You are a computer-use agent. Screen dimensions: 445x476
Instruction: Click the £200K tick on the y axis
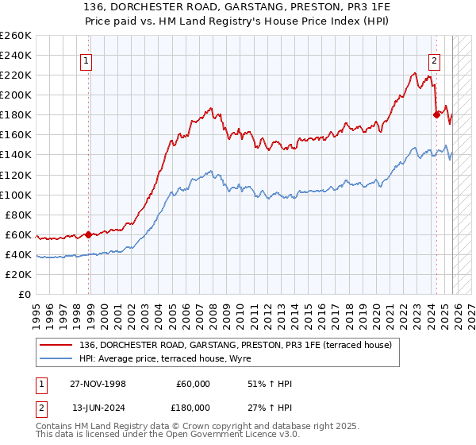pos(16,95)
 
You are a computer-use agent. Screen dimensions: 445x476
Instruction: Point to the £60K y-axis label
pos(18,234)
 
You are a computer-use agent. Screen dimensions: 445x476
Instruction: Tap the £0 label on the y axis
pos(25,294)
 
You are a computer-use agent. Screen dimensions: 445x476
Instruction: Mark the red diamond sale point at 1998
pos(89,234)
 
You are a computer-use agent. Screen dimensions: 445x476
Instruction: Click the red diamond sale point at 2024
pos(436,114)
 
